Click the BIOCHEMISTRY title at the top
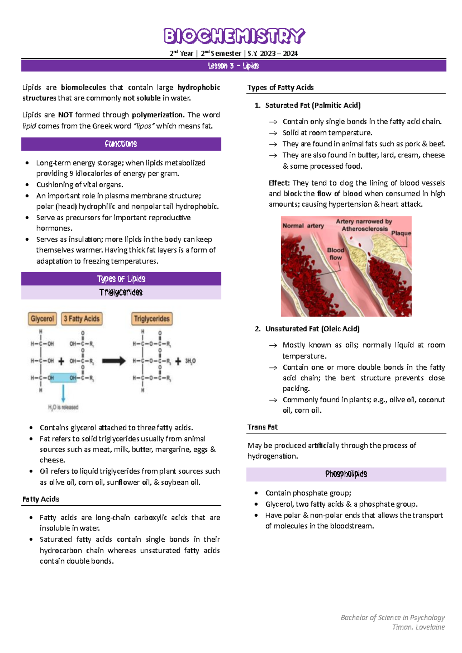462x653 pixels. point(234,36)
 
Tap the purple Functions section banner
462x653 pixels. point(121,144)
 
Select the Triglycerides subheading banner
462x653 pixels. point(121,292)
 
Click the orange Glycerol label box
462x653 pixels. point(42,319)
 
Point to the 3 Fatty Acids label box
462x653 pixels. point(82,319)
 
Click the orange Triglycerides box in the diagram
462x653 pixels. point(152,319)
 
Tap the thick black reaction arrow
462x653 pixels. point(114,361)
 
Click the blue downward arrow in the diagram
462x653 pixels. point(63,393)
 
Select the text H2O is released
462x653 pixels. point(63,407)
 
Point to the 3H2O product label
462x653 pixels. point(190,361)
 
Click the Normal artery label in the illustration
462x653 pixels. point(303,226)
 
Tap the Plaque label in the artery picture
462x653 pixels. point(401,233)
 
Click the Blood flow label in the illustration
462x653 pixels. point(335,254)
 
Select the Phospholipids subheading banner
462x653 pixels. point(346,474)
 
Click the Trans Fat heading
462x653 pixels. point(262,427)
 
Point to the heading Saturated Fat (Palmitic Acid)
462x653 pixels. point(313,105)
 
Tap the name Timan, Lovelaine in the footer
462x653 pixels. point(418,627)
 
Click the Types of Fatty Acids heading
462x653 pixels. point(280,87)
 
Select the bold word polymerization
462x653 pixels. point(158,115)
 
